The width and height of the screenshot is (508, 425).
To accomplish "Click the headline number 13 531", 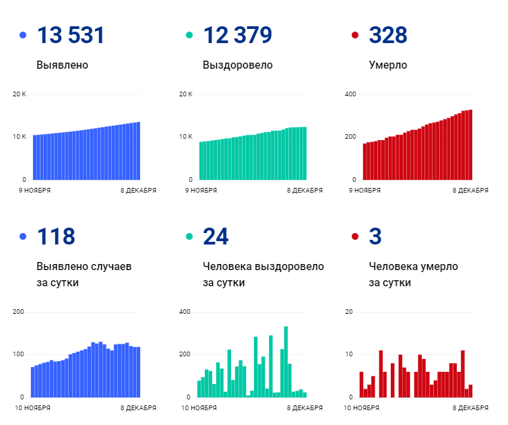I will coord(71,35).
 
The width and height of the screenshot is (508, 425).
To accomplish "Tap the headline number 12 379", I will coord(238,35).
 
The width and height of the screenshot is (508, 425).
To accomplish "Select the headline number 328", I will coord(388,35).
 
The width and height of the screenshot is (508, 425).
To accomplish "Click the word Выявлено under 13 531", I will coord(62,65).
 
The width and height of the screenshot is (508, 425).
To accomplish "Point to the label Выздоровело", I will coord(237,65).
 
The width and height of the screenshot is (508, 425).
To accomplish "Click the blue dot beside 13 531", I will coord(24,35).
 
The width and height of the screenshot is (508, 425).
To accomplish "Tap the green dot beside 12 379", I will coord(189,35).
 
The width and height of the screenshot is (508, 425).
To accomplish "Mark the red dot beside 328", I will coord(355,35).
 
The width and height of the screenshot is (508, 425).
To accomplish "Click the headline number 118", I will coord(56,236).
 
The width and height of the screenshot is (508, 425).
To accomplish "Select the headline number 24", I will coord(216,236).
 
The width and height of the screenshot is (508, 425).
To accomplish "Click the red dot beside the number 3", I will coord(355,236).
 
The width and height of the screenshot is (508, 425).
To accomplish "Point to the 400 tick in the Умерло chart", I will coord(350,94).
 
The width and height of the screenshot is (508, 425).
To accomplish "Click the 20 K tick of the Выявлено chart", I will coord(20,94).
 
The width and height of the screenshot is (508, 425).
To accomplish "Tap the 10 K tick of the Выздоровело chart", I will coord(186,137).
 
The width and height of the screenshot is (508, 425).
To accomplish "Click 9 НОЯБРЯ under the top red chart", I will coord(364,190).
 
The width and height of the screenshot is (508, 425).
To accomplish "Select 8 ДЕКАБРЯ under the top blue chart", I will coord(139,190).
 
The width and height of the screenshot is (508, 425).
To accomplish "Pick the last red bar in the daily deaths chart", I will coord(470,391).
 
